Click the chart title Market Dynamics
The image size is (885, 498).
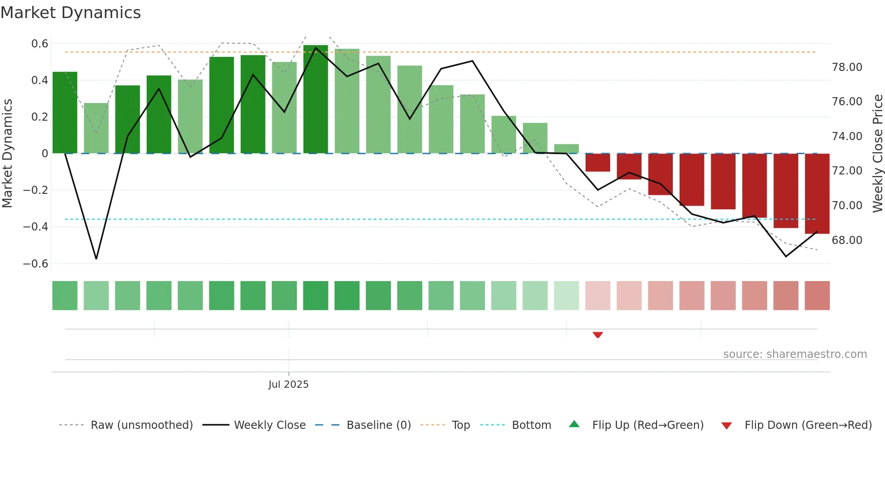click(x=70, y=13)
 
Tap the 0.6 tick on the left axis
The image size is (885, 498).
click(x=40, y=44)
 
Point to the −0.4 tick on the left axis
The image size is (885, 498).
click(x=36, y=227)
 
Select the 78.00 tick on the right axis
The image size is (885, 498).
click(x=847, y=67)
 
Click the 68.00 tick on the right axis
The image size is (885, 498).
click(x=847, y=240)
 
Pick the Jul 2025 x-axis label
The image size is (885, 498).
click(x=288, y=385)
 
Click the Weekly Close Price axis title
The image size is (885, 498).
click(x=877, y=153)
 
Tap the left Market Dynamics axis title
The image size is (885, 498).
click(x=7, y=153)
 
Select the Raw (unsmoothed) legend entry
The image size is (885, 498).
click(x=141, y=425)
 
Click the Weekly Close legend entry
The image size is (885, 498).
click(x=270, y=425)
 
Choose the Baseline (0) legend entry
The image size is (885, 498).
click(x=378, y=425)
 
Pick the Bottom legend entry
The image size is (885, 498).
click(x=531, y=425)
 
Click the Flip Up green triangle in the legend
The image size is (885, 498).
click(x=574, y=424)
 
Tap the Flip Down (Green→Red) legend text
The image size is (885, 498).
click(x=808, y=425)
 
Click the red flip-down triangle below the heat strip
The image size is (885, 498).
click(x=598, y=335)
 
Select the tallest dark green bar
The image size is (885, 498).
click(x=316, y=99)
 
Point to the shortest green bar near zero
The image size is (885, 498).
click(x=566, y=149)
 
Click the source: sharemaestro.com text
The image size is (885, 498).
click(x=795, y=354)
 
